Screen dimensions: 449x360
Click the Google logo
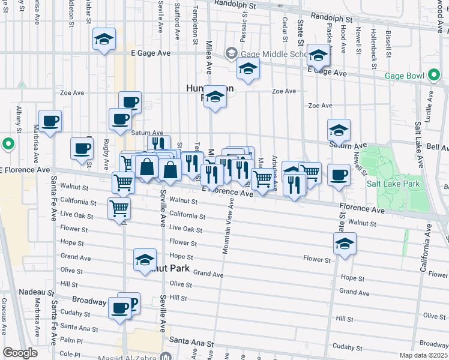(20, 352)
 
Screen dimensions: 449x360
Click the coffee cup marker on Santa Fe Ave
(49, 121)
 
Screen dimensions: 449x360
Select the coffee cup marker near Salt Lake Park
(339, 175)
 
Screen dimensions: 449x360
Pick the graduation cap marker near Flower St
(345, 244)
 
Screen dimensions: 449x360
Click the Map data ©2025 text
(424, 355)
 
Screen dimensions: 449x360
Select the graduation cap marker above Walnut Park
(144, 260)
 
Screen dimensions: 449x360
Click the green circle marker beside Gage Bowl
(435, 76)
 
